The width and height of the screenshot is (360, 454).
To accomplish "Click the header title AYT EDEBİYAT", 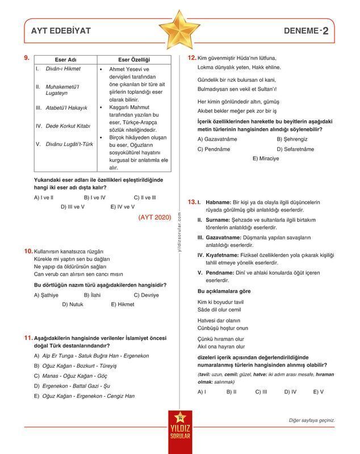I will (61, 31).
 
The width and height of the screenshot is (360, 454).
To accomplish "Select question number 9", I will (27, 58).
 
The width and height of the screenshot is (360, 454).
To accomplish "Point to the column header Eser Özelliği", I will (133, 60).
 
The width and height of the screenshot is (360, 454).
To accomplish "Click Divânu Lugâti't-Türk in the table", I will (69, 144).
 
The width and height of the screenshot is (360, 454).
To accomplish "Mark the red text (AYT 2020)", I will (154, 217).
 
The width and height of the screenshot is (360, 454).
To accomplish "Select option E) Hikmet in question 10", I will (123, 304).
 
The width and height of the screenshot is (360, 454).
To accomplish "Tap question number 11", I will (28, 338).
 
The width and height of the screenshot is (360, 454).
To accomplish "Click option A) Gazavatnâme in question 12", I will (217, 139).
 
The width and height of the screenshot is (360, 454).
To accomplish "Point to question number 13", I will (192, 201).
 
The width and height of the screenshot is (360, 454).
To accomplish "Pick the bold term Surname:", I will (217, 219).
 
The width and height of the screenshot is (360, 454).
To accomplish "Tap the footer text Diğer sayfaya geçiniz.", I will (312, 421).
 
